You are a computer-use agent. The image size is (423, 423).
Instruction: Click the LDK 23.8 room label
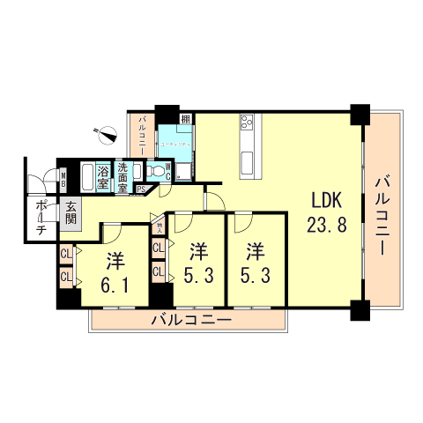(326, 212)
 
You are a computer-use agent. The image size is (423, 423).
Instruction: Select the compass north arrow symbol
(108, 135)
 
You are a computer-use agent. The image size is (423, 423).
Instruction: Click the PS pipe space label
(141, 188)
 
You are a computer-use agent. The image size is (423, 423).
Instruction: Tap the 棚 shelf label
(186, 120)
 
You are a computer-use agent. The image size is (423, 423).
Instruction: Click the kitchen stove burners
(245, 124)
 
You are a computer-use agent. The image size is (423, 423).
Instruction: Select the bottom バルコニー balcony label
(190, 318)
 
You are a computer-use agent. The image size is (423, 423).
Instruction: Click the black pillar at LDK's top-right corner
(358, 115)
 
